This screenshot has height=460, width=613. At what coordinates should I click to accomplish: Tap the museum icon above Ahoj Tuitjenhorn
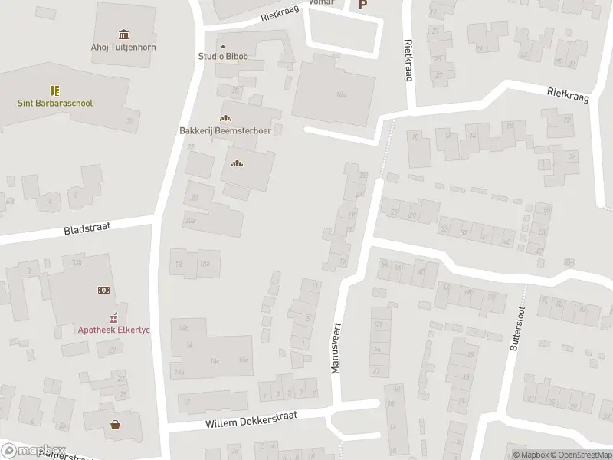(x=124, y=34)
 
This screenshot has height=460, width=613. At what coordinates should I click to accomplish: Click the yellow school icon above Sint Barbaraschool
(x=54, y=90)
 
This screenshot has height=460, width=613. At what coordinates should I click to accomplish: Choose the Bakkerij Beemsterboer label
(x=226, y=130)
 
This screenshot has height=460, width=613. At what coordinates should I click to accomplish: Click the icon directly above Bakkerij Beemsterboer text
(x=225, y=118)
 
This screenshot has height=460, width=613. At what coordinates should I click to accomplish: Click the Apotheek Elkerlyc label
(x=113, y=330)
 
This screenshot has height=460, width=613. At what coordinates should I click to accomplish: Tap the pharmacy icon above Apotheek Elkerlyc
(x=113, y=316)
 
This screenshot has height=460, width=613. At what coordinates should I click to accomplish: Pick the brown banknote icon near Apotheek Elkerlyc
(x=103, y=290)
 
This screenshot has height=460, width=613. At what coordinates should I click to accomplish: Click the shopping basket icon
(x=116, y=424)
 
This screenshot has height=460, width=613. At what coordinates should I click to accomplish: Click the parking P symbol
(x=363, y=5)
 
